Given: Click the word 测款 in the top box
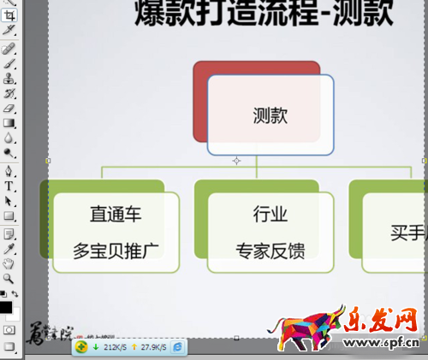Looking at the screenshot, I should tap(270, 116).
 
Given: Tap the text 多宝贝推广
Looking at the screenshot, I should tap(115, 251).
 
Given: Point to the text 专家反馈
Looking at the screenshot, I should tap(270, 251).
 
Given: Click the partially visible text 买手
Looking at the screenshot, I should tap(407, 232).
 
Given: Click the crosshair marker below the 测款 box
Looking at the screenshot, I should tap(237, 160).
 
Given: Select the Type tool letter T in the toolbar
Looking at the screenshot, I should tap(9, 186).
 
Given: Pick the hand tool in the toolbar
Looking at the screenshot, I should tap(9, 263).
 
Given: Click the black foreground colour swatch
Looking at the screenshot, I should tap(6, 307).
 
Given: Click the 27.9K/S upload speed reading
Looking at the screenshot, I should tap(153, 348).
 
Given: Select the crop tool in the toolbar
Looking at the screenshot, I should tap(9, 31).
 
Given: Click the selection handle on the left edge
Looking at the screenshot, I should tap(48, 160).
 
